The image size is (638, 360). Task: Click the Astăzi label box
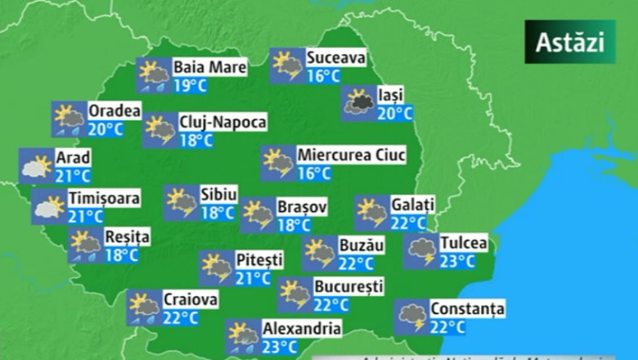point(569,43)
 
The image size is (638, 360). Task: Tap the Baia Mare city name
point(209,67)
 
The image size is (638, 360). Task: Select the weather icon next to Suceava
point(286,66)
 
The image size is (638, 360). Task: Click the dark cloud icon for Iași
point(358,103)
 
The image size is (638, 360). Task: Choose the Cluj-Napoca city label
point(222,122)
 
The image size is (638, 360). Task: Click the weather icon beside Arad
point(35,166)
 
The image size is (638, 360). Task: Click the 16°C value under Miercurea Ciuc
point(314,173)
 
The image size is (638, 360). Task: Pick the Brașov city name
point(302,207)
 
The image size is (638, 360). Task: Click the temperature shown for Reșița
point(122,254)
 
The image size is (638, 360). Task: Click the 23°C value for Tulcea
point(457,261)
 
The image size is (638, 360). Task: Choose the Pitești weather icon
point(217,268)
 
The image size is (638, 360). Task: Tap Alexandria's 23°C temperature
point(280,346)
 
